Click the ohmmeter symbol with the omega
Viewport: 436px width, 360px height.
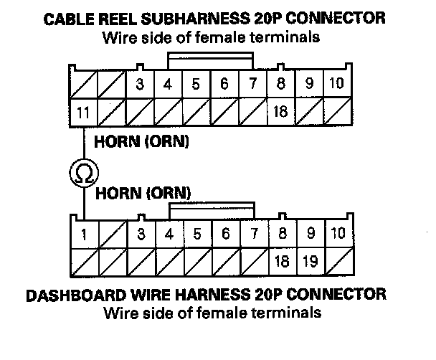coord(83,172)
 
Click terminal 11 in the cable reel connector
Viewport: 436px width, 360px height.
coord(83,111)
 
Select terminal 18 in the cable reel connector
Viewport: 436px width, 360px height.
coord(282,111)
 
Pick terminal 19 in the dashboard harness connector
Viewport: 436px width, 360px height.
coord(311,262)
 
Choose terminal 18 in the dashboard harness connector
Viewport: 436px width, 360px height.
coord(282,262)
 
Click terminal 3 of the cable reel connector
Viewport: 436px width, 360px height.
coord(140,84)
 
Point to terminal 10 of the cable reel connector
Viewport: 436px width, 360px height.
coord(336,84)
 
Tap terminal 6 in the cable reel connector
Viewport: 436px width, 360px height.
coord(224,84)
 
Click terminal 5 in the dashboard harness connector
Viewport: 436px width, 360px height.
coord(196,234)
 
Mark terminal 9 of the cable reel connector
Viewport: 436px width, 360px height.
coord(309,84)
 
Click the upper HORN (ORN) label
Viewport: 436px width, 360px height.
coord(142,142)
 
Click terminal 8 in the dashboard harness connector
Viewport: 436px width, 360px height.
coord(282,234)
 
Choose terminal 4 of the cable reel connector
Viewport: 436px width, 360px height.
coord(168,84)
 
